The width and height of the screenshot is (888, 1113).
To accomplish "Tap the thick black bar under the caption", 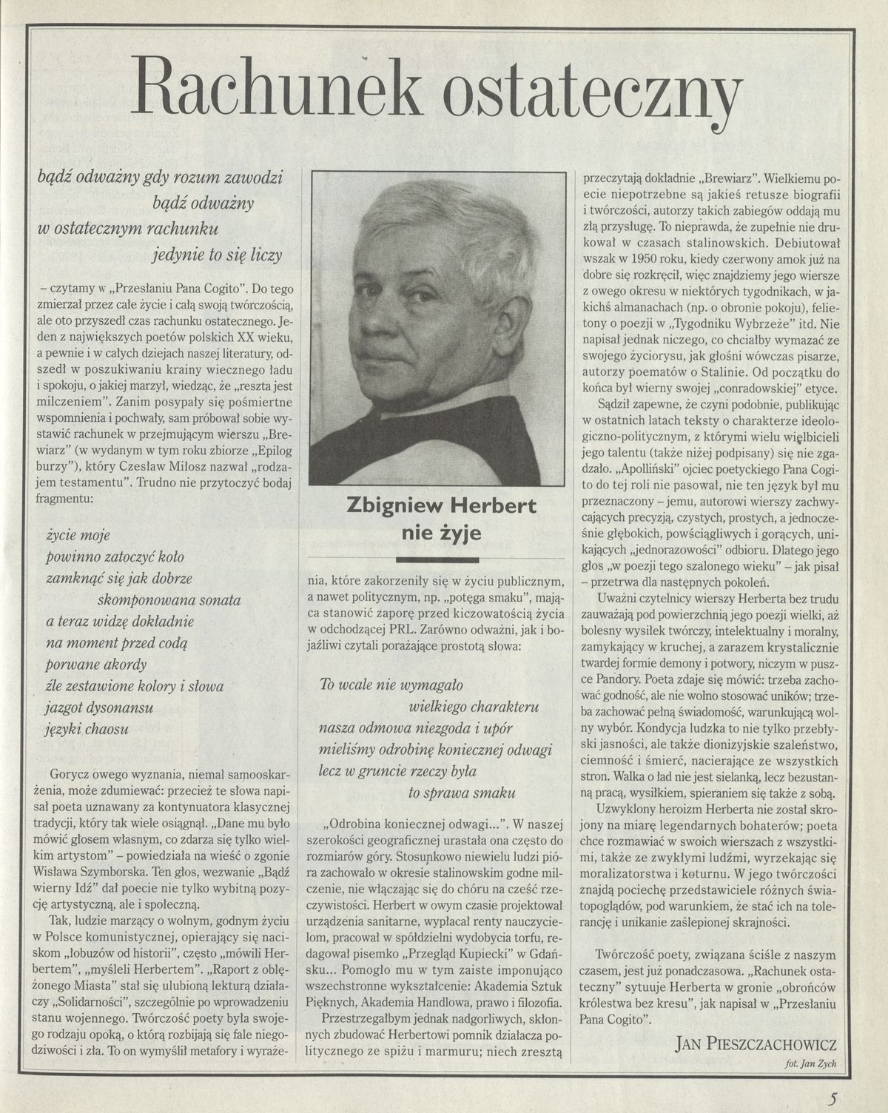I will click(437, 559).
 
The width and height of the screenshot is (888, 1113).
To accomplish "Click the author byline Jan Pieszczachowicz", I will click(756, 1044).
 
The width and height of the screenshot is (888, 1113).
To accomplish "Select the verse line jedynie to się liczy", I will click(218, 256).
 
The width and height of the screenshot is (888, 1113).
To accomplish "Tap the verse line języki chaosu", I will click(87, 728).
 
